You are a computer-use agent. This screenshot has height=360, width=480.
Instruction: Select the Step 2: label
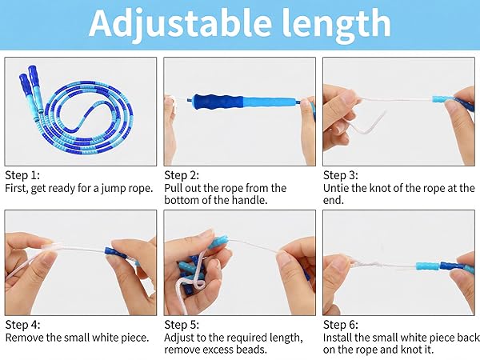182,174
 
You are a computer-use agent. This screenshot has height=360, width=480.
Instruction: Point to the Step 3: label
341,174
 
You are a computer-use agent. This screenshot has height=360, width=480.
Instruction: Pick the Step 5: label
182,324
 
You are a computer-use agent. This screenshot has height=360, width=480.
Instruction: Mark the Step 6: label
341,324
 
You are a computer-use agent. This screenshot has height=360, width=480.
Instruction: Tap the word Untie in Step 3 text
337,188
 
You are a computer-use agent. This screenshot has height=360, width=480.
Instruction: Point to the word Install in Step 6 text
338,338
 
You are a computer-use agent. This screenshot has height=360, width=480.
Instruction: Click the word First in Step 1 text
18,188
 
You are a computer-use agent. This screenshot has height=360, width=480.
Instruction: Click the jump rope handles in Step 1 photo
30,81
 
